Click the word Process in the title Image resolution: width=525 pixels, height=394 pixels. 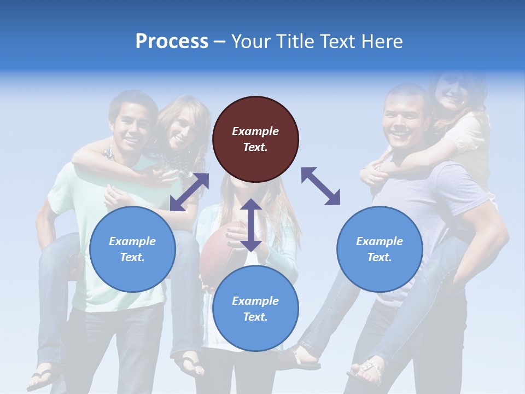(172, 42)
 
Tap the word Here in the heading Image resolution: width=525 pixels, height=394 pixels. (382, 42)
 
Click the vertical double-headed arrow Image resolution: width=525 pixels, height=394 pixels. (251, 225)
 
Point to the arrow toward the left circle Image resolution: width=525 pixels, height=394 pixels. (189, 192)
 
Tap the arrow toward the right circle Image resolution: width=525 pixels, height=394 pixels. (321, 186)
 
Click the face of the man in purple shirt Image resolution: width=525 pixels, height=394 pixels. (404, 117)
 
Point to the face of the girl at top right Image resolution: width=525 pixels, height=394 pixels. (452, 93)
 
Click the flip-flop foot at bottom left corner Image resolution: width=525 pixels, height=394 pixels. (44, 378)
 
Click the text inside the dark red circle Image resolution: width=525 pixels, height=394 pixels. (255, 139)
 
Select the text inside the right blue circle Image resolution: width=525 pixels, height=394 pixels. (380, 249)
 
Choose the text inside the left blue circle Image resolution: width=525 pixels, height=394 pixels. (132, 249)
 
